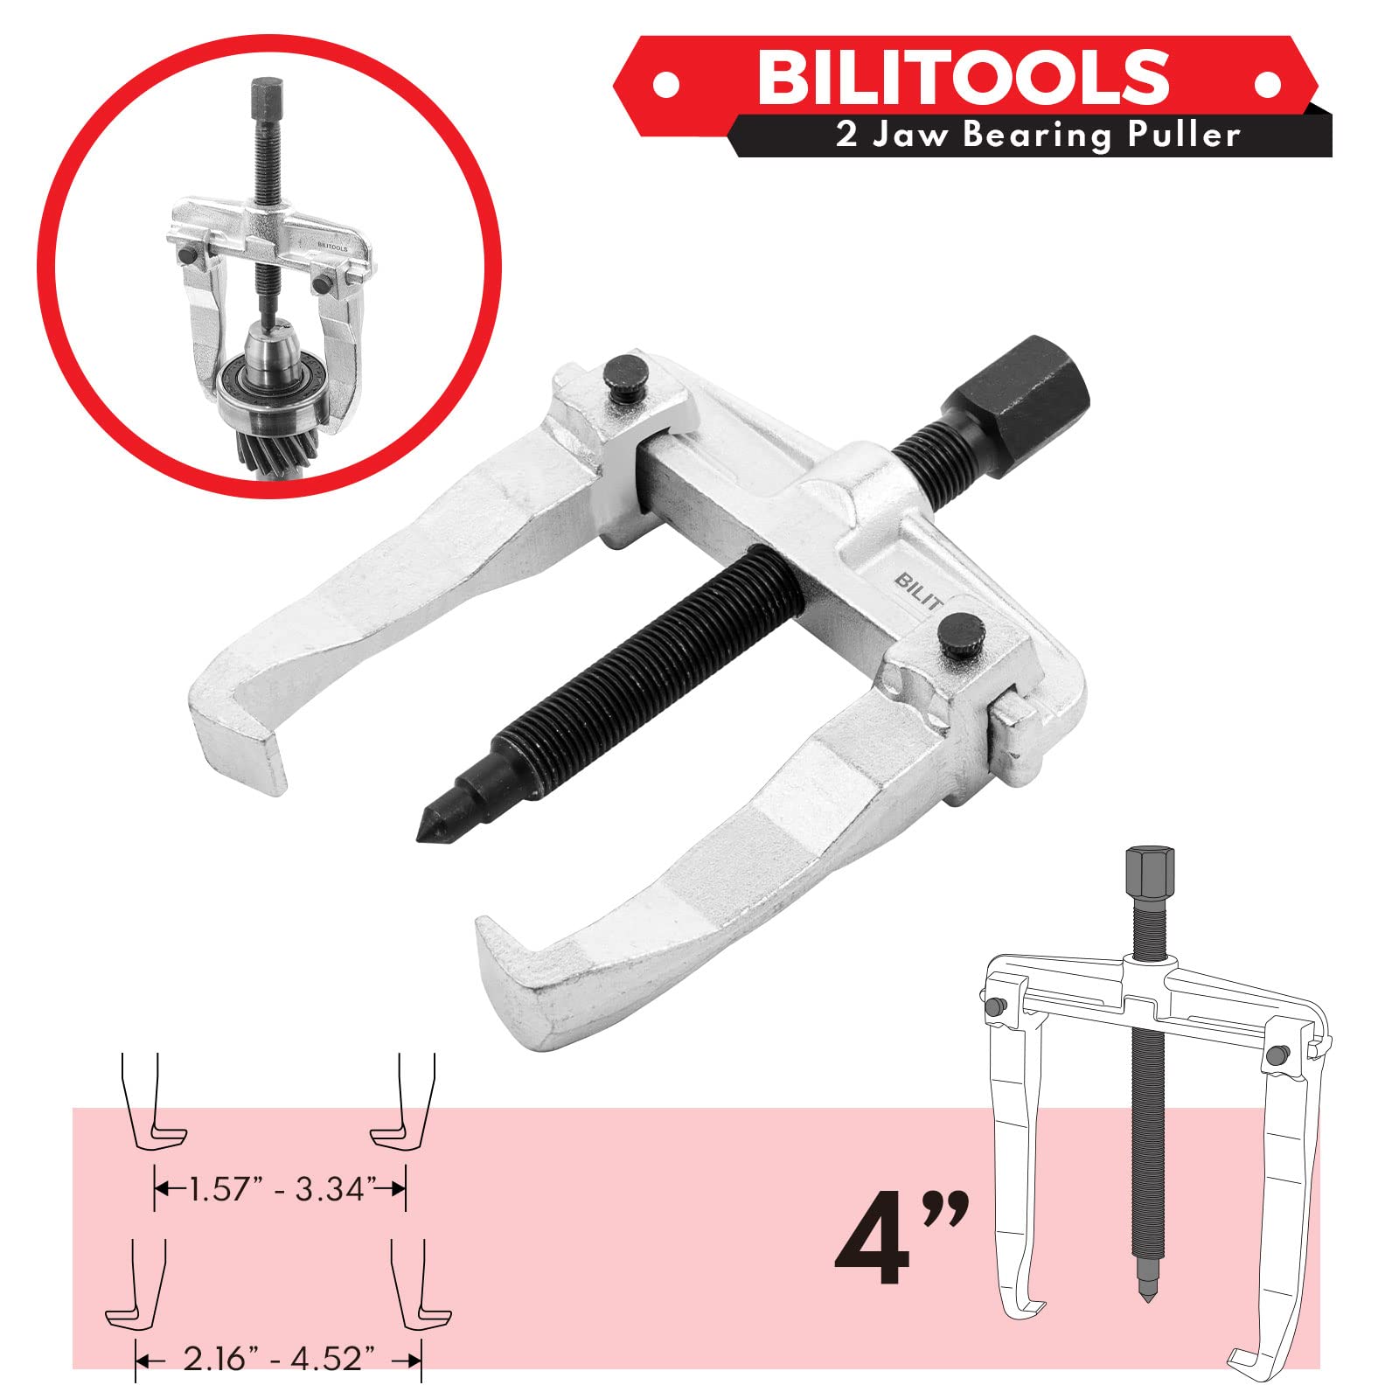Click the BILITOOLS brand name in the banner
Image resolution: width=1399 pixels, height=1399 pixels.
962,76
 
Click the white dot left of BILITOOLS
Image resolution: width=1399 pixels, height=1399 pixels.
666,86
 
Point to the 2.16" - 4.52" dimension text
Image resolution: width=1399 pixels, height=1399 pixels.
278,1358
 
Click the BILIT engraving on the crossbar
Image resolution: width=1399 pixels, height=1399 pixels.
918,591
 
